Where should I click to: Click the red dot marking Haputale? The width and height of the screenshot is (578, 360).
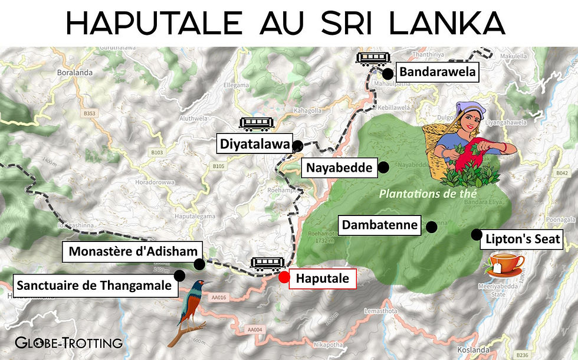[x=284, y=276]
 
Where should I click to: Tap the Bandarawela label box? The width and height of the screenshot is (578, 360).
[x=436, y=73]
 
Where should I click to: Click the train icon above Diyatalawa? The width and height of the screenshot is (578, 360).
[x=257, y=123]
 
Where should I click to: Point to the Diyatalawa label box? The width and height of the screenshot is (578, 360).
[x=255, y=144]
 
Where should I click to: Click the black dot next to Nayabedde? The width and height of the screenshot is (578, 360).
[x=383, y=168]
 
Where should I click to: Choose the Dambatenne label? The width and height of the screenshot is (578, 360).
[x=380, y=225]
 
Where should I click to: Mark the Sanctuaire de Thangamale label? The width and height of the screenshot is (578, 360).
[x=94, y=286]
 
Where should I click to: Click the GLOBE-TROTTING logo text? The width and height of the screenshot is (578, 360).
[x=68, y=342]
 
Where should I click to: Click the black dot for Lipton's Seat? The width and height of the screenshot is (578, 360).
[x=476, y=234]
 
